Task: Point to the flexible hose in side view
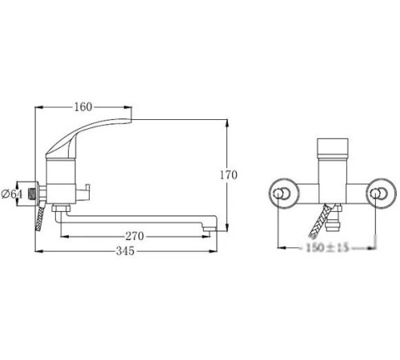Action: tap(38, 221)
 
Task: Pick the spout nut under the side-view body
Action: tap(59, 209)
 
